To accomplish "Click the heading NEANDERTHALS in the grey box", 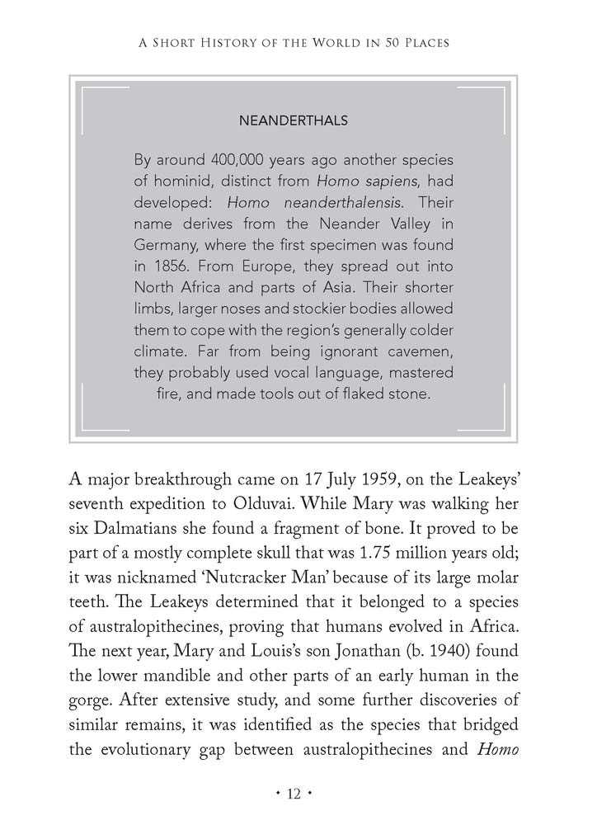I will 293,120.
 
